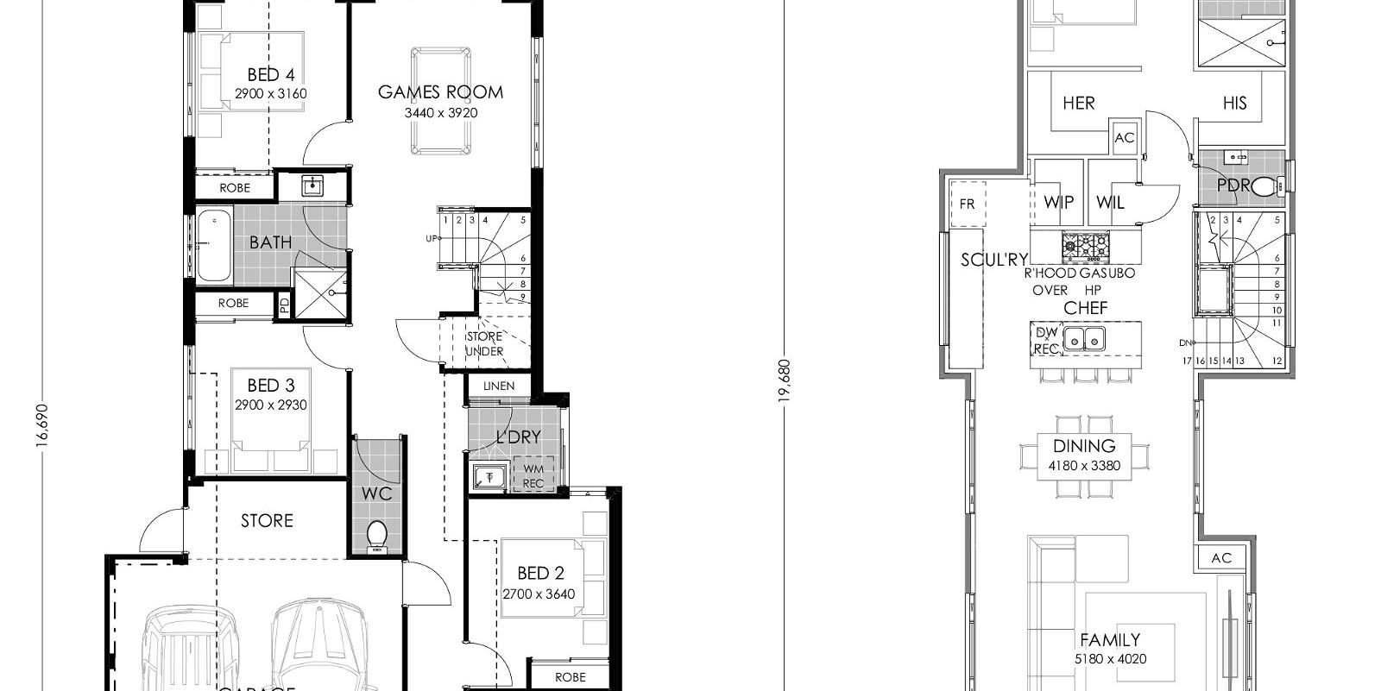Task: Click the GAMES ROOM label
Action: click(x=440, y=92)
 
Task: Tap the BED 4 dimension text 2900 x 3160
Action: click(x=270, y=94)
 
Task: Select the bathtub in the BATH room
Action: click(x=214, y=245)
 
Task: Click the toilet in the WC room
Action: click(x=377, y=535)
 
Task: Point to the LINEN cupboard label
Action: click(x=499, y=386)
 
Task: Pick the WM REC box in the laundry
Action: click(x=533, y=476)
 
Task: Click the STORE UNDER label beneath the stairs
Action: click(x=484, y=343)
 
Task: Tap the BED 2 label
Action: click(x=539, y=573)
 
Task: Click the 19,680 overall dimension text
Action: click(x=785, y=380)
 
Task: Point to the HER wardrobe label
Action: click(x=1078, y=104)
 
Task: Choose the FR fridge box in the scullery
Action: click(x=967, y=204)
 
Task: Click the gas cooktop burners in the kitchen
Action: click(x=1085, y=247)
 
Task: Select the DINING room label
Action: click(x=1084, y=446)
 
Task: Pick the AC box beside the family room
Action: click(x=1220, y=558)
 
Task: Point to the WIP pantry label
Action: click(x=1058, y=202)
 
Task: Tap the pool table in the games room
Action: click(x=440, y=101)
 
